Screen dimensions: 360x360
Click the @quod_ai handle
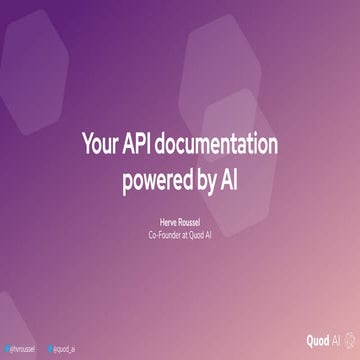click(66, 349)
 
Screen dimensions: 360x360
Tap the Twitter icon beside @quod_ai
click(50, 349)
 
